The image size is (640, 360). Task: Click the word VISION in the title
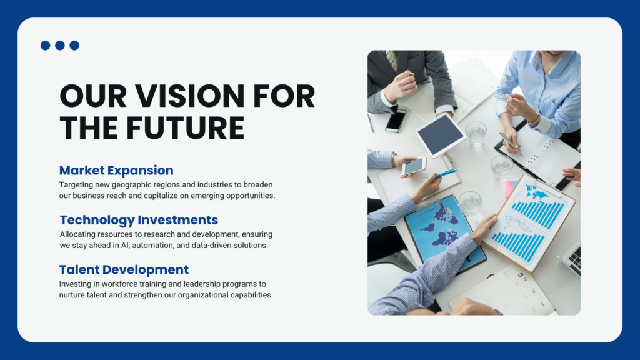190,96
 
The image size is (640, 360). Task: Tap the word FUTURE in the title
185,128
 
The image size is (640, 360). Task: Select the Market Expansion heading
116,170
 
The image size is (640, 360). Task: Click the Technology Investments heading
139,220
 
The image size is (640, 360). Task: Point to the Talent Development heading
124,270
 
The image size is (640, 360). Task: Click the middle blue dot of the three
60,45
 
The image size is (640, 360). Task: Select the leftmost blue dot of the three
45,45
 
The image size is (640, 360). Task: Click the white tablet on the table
441,135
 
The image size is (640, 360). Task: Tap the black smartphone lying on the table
396,121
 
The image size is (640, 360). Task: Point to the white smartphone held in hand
414,166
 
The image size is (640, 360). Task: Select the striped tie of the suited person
391,61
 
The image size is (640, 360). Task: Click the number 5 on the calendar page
521,275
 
